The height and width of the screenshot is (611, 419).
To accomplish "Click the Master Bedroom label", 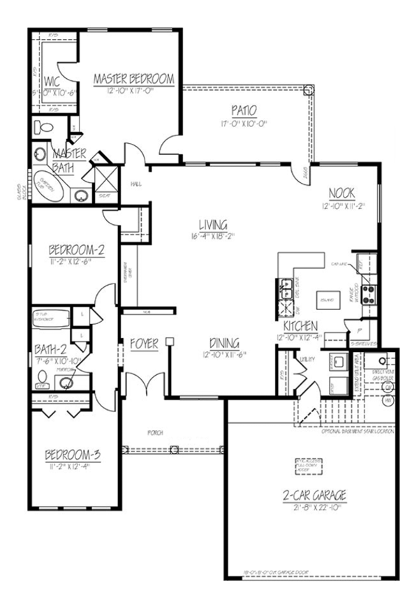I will (x=133, y=79).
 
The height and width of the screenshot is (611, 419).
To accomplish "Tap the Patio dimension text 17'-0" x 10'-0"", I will (x=244, y=124).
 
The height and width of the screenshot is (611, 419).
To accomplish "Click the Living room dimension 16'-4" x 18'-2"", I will (x=213, y=236).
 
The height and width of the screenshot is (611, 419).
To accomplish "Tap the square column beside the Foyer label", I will (x=169, y=341).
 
